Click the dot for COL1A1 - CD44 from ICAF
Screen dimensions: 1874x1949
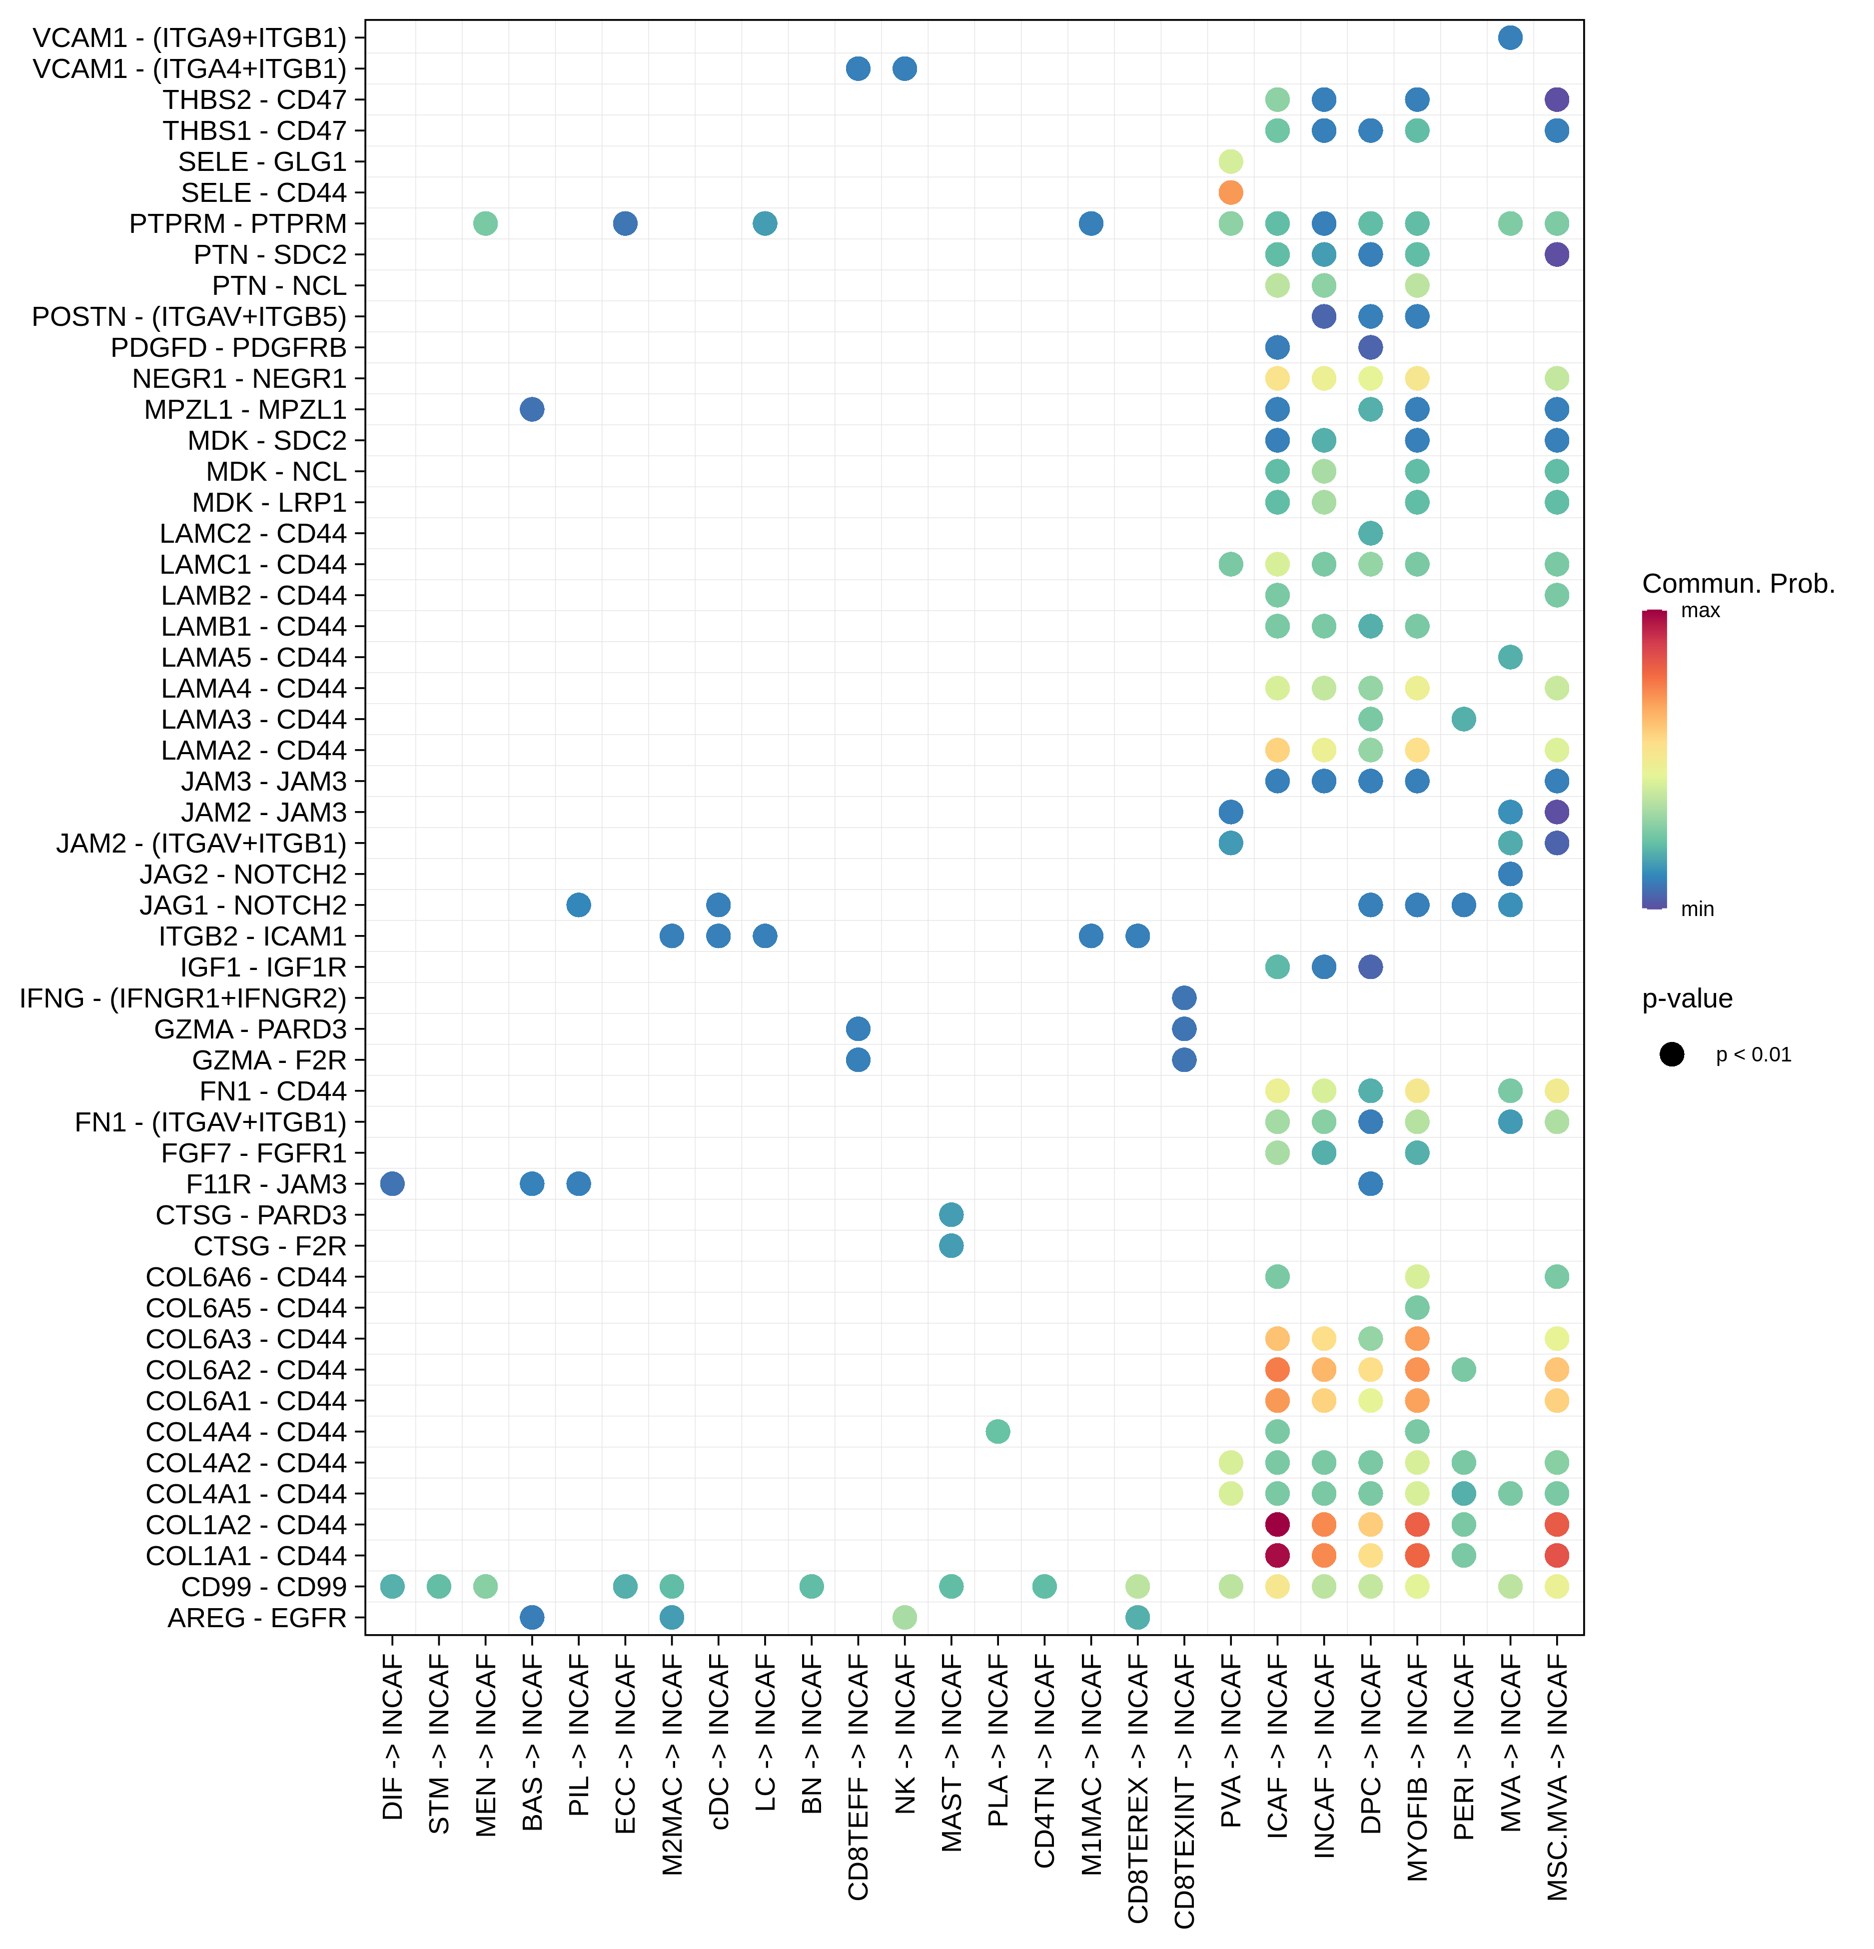[1277, 1555]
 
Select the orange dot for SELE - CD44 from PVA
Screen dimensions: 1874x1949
[1231, 192]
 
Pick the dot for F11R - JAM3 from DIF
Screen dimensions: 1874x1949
[393, 1183]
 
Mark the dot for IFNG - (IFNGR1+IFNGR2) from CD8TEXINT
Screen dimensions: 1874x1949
[1184, 997]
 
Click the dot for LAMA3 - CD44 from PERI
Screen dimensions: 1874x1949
[1463, 719]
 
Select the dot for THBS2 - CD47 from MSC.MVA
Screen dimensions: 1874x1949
[1557, 99]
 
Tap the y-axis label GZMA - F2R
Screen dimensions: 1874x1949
[269, 1060]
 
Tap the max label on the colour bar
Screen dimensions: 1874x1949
[1700, 611]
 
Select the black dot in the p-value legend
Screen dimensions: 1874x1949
[1672, 1054]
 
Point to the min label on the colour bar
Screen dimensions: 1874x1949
[1697, 909]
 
